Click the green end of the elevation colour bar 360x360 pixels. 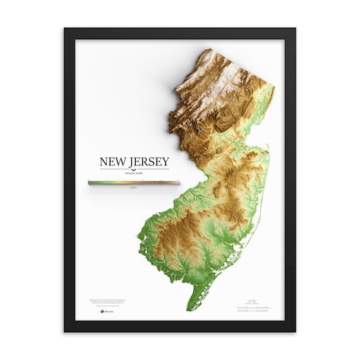click(x=92, y=183)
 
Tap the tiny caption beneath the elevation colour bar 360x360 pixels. click(x=133, y=188)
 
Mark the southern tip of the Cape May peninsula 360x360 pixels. click(x=188, y=309)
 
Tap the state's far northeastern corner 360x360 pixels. click(x=273, y=85)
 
